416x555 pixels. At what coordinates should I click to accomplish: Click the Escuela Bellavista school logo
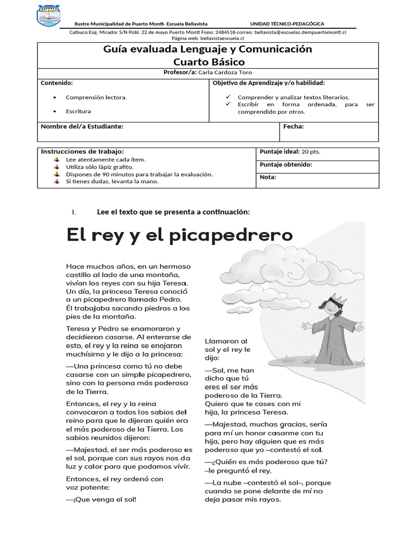point(53,18)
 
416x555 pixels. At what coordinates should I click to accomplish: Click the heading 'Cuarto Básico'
point(208,62)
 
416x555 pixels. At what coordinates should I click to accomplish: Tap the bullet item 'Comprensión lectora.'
point(96,98)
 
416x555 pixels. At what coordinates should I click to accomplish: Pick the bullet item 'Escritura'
point(79,111)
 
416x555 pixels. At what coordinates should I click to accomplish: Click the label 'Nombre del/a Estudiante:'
point(82,127)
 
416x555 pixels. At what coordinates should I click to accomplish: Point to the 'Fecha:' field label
point(294,127)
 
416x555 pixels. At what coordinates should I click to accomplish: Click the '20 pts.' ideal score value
point(311,152)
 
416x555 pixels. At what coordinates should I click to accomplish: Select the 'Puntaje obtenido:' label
point(285,165)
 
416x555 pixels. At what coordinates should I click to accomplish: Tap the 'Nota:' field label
point(268,177)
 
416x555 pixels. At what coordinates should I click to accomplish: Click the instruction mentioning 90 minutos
point(139,175)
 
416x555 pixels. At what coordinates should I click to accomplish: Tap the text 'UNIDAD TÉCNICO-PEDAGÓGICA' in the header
point(287,24)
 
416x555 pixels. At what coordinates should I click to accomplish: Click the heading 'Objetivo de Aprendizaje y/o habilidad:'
point(269,83)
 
